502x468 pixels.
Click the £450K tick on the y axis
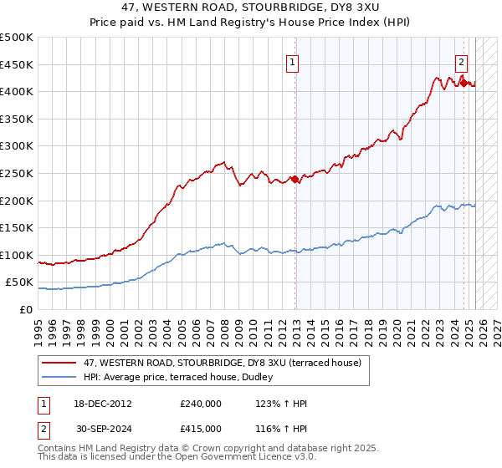tap(17, 64)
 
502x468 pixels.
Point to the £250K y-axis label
tap(17, 173)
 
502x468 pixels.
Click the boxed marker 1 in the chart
tap(293, 62)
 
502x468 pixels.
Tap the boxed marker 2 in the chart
tap(461, 61)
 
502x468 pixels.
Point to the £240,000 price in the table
tap(201, 404)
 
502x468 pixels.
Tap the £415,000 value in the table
tap(201, 428)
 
